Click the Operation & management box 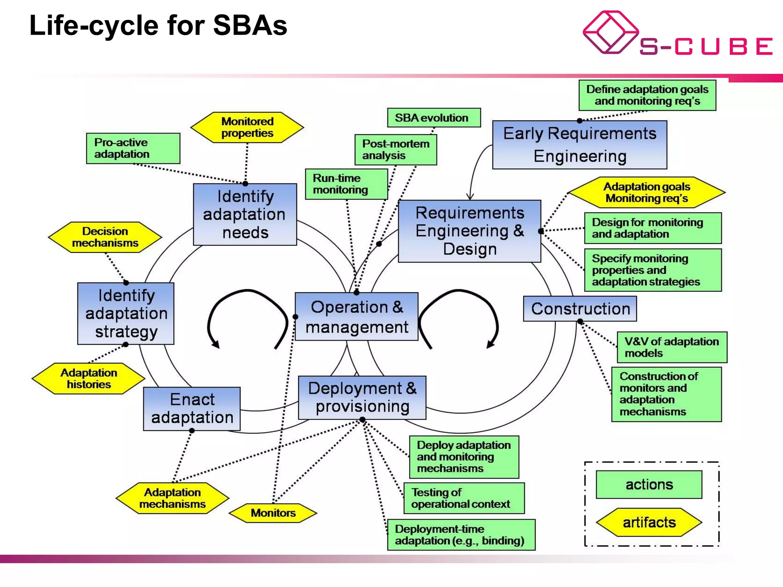pos(356,317)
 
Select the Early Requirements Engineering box pos(580,145)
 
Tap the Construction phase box pos(580,309)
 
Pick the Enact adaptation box pos(192,409)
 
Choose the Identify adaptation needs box pos(245,214)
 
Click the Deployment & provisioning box pos(362,397)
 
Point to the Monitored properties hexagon pos(247,127)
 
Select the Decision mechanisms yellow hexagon pos(105,237)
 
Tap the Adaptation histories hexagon pos(89,378)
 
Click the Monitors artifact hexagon pos(273,513)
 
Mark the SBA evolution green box pos(434,118)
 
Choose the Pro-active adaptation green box pos(133,148)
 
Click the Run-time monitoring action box pos(346,184)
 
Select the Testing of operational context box pos(464,498)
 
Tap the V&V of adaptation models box pos(672,347)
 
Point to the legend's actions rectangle pos(649,485)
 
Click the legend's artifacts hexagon pos(649,522)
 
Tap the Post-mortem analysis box pos(396,149)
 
